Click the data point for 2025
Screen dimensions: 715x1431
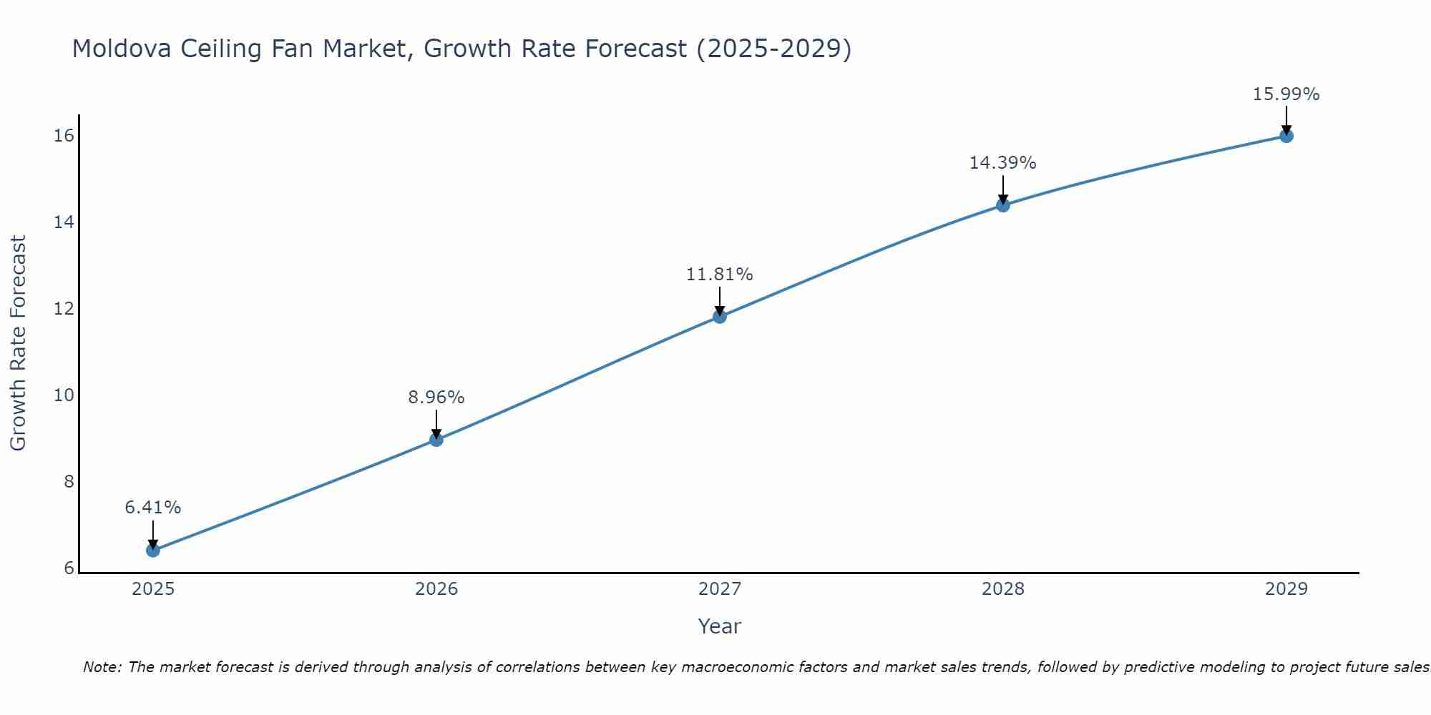pos(153,550)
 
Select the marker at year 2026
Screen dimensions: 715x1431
pos(436,440)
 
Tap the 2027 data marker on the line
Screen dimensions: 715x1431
pos(720,316)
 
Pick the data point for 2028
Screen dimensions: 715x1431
pos(1003,205)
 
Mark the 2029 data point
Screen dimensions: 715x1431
pos(1286,136)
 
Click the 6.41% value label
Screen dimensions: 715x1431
pos(153,508)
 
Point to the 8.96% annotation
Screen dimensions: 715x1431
pos(436,398)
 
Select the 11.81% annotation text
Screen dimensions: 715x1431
pos(720,275)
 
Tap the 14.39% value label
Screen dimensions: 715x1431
pos(1003,163)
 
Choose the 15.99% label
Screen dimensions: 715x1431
pos(1286,94)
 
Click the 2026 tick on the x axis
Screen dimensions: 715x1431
pos(436,589)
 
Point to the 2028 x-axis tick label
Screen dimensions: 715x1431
pos(1003,589)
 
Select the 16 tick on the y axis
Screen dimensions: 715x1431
pos(64,136)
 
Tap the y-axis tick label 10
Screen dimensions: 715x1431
pos(64,395)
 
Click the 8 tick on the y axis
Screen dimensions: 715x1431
pos(69,482)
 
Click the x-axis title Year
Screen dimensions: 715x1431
pos(720,626)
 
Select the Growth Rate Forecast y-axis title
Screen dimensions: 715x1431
pos(19,343)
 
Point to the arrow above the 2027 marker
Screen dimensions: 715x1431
pos(720,300)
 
